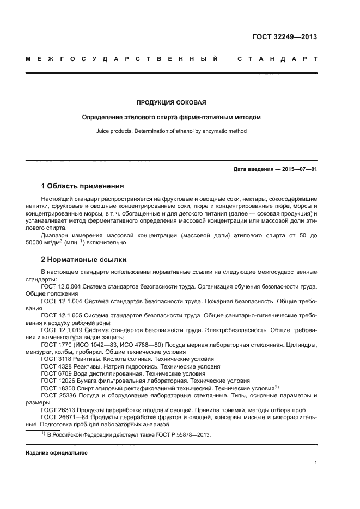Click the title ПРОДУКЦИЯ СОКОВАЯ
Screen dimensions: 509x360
coord(171,102)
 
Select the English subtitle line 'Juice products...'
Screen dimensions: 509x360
coord(171,131)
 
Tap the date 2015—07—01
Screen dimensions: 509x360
coord(299,169)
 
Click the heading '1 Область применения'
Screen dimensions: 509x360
coord(82,186)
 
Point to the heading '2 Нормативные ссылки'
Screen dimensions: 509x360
coord(83,259)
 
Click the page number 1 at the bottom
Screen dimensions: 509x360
coord(315,463)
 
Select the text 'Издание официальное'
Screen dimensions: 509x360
coord(56,452)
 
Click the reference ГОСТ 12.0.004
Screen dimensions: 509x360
coord(61,286)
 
